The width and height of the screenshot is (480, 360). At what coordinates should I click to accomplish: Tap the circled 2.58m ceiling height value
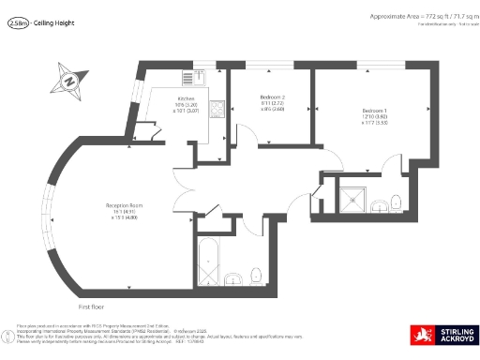[x=16, y=26]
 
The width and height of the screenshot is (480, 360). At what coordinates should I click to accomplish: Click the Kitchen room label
[x=186, y=97]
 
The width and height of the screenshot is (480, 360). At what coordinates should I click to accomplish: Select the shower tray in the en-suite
[x=353, y=197]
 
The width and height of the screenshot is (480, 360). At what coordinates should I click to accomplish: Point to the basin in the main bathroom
[x=234, y=277]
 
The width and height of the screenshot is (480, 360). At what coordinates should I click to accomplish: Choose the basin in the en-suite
[x=377, y=205]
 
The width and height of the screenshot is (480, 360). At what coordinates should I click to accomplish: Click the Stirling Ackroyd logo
[x=443, y=335]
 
